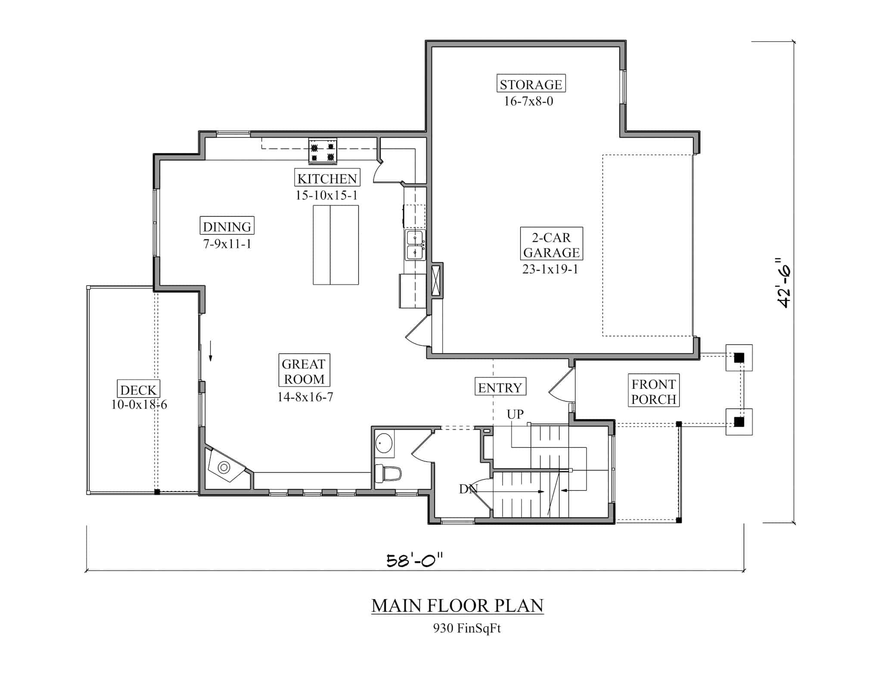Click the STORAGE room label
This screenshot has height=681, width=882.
point(531,84)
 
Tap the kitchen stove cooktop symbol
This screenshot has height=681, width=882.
point(323,151)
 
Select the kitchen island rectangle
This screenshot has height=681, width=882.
point(335,245)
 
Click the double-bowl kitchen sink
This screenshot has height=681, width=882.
point(415,245)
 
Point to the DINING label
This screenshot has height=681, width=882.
point(227,226)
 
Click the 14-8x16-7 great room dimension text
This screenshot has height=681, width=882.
point(305,397)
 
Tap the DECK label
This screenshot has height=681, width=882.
point(138,390)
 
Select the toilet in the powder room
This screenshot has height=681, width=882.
point(388,474)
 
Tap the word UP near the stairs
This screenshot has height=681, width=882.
point(515,414)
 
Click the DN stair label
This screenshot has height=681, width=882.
point(468,489)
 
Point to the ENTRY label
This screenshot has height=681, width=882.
point(500,387)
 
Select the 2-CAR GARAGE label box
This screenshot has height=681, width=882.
point(551,244)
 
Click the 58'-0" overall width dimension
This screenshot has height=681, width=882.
point(414,560)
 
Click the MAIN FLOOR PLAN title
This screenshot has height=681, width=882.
point(457,606)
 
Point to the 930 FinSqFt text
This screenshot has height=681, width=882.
point(467,628)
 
